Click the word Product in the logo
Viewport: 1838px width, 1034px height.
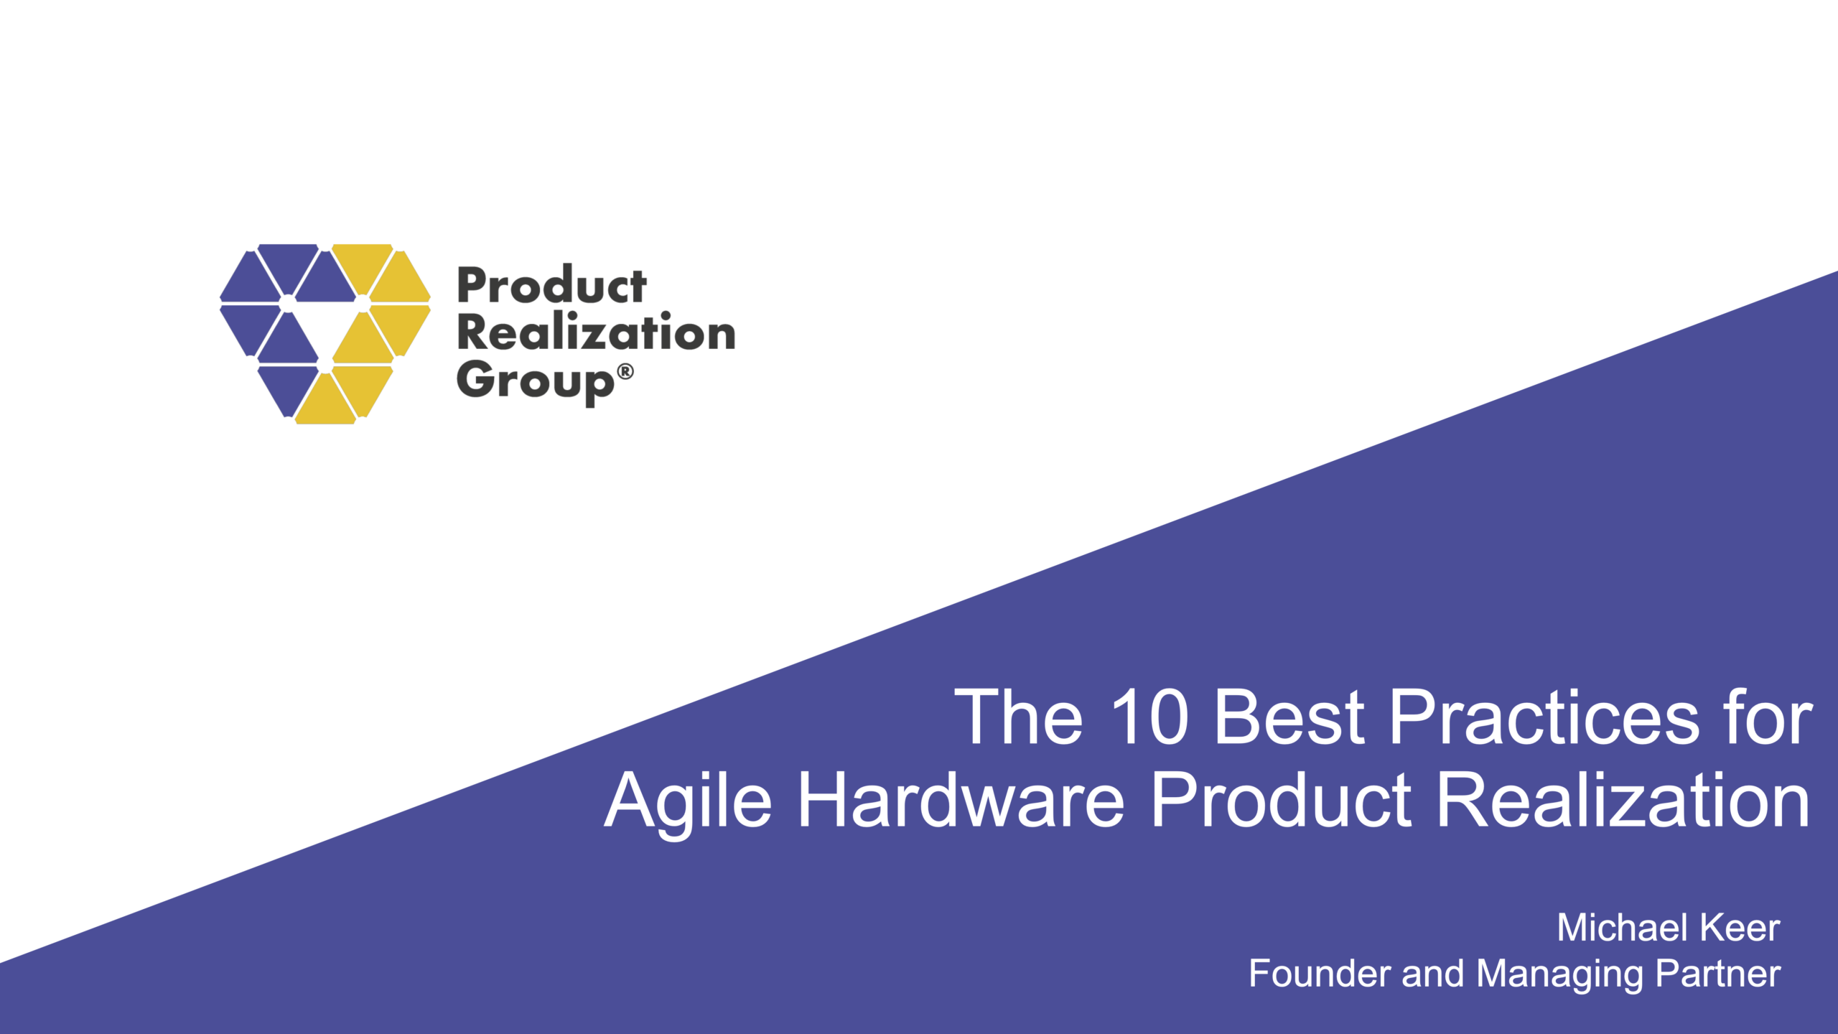coord(551,287)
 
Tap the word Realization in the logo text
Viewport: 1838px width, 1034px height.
coord(596,333)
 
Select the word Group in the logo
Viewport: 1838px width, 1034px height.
coord(535,381)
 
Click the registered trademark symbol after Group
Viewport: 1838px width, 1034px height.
coord(625,371)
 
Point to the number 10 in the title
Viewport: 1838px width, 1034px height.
coord(1149,717)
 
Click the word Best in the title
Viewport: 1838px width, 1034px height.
coord(1289,717)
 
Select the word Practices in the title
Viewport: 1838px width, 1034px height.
coord(1544,717)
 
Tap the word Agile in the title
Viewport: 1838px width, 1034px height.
coord(688,801)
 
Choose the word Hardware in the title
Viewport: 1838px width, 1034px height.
coord(961,801)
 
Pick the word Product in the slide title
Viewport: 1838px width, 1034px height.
coord(1281,801)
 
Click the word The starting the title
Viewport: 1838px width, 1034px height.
coord(1018,717)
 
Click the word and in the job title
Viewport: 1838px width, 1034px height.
coord(1432,974)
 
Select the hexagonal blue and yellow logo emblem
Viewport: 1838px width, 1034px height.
coord(325,334)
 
